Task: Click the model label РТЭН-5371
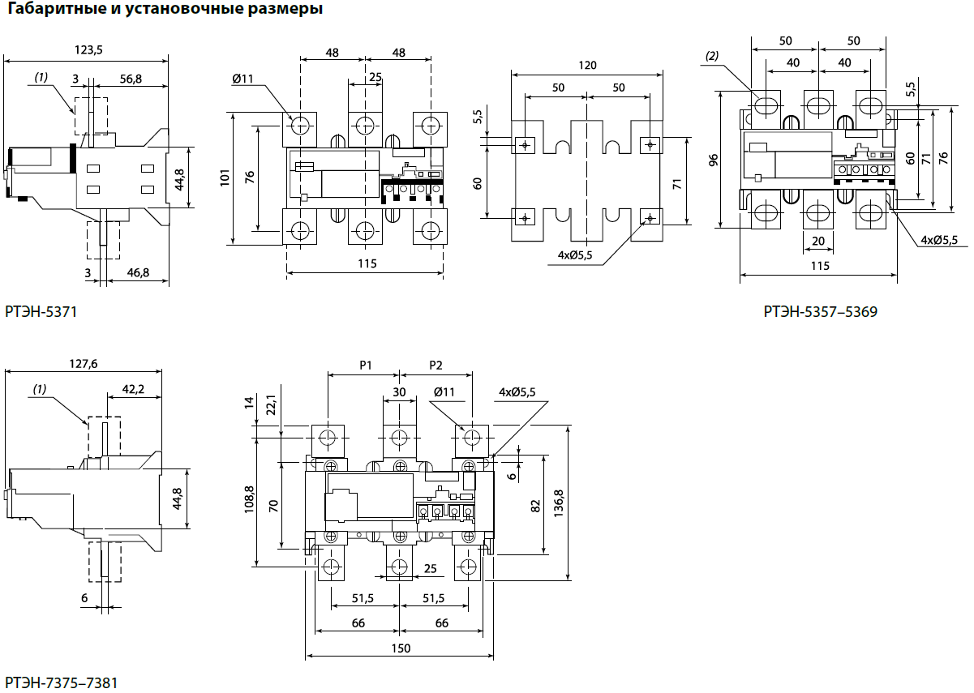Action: pyautogui.click(x=41, y=311)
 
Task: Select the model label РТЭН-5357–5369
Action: pyautogui.click(x=820, y=311)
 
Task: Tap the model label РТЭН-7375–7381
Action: pyautogui.click(x=61, y=682)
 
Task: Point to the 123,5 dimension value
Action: pyautogui.click(x=88, y=49)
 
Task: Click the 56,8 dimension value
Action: pyautogui.click(x=130, y=79)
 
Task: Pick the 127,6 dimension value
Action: pyautogui.click(x=84, y=364)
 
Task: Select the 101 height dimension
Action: pyautogui.click(x=225, y=177)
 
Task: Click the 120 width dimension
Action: pyautogui.click(x=588, y=65)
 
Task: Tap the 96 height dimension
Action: pyautogui.click(x=713, y=160)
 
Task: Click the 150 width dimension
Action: pyautogui.click(x=400, y=648)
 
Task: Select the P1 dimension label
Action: pyautogui.click(x=365, y=365)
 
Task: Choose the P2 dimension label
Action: pyautogui.click(x=436, y=365)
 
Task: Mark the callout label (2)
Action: pyautogui.click(x=712, y=56)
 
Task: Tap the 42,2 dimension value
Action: pyautogui.click(x=132, y=389)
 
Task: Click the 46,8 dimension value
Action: pyautogui.click(x=139, y=272)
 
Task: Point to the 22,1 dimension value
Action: pyautogui.click(x=271, y=404)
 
